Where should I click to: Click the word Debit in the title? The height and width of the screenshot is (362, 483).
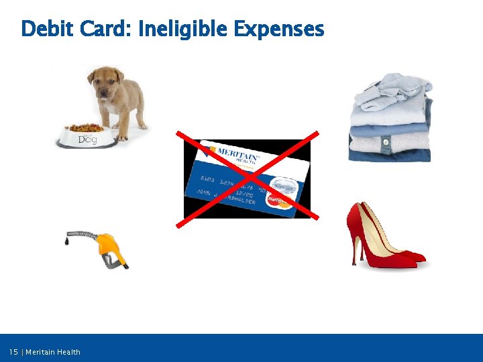coord(48,29)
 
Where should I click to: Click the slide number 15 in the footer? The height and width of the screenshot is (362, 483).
coord(13,352)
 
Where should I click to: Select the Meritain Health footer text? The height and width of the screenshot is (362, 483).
coord(53,352)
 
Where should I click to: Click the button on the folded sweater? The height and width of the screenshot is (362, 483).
coord(386,142)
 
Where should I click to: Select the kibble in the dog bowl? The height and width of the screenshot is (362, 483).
coord(86,127)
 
